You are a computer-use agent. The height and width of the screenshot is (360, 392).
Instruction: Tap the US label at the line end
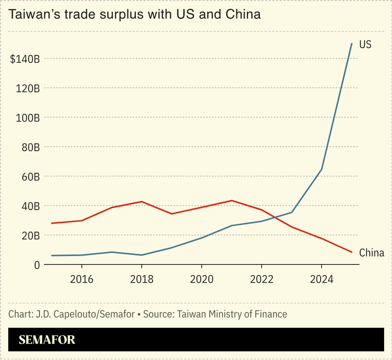(365, 44)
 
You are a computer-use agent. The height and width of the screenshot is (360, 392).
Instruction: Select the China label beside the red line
(372, 253)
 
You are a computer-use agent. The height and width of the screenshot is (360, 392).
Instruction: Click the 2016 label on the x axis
(82, 279)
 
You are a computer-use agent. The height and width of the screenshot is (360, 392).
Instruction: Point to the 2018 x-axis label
(142, 279)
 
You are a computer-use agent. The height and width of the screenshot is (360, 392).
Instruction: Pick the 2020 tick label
(201, 279)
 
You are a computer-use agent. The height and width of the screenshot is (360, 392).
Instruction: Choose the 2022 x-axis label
(261, 279)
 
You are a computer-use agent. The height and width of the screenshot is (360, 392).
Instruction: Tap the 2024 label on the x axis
(321, 279)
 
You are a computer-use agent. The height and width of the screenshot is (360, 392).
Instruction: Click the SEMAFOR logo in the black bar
(47, 340)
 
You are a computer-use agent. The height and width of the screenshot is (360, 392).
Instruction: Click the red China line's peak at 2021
(232, 200)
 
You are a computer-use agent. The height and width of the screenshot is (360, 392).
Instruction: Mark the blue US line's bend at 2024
(322, 169)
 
